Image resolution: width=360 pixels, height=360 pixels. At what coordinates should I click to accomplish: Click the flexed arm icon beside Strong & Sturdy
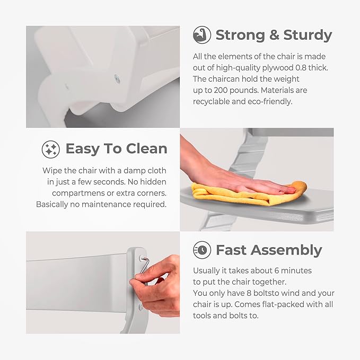(202, 35)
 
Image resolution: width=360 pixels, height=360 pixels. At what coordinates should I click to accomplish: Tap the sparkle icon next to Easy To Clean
(51, 149)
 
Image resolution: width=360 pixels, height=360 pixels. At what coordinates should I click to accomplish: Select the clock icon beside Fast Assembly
(202, 250)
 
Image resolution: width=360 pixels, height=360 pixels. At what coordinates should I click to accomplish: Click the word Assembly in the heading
(286, 251)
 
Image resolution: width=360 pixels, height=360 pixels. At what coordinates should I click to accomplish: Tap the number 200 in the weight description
(221, 90)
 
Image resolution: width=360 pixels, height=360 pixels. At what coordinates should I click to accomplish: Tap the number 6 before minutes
(277, 271)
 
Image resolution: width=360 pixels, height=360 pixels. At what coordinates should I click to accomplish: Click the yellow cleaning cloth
(248, 194)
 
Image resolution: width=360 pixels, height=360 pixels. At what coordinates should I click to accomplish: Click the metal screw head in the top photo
(117, 79)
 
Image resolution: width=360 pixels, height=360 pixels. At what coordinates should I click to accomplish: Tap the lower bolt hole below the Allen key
(141, 307)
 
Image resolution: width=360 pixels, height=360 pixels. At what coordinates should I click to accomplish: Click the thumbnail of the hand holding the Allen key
(103, 283)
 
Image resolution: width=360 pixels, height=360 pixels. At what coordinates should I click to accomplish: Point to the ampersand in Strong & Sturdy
(274, 35)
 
